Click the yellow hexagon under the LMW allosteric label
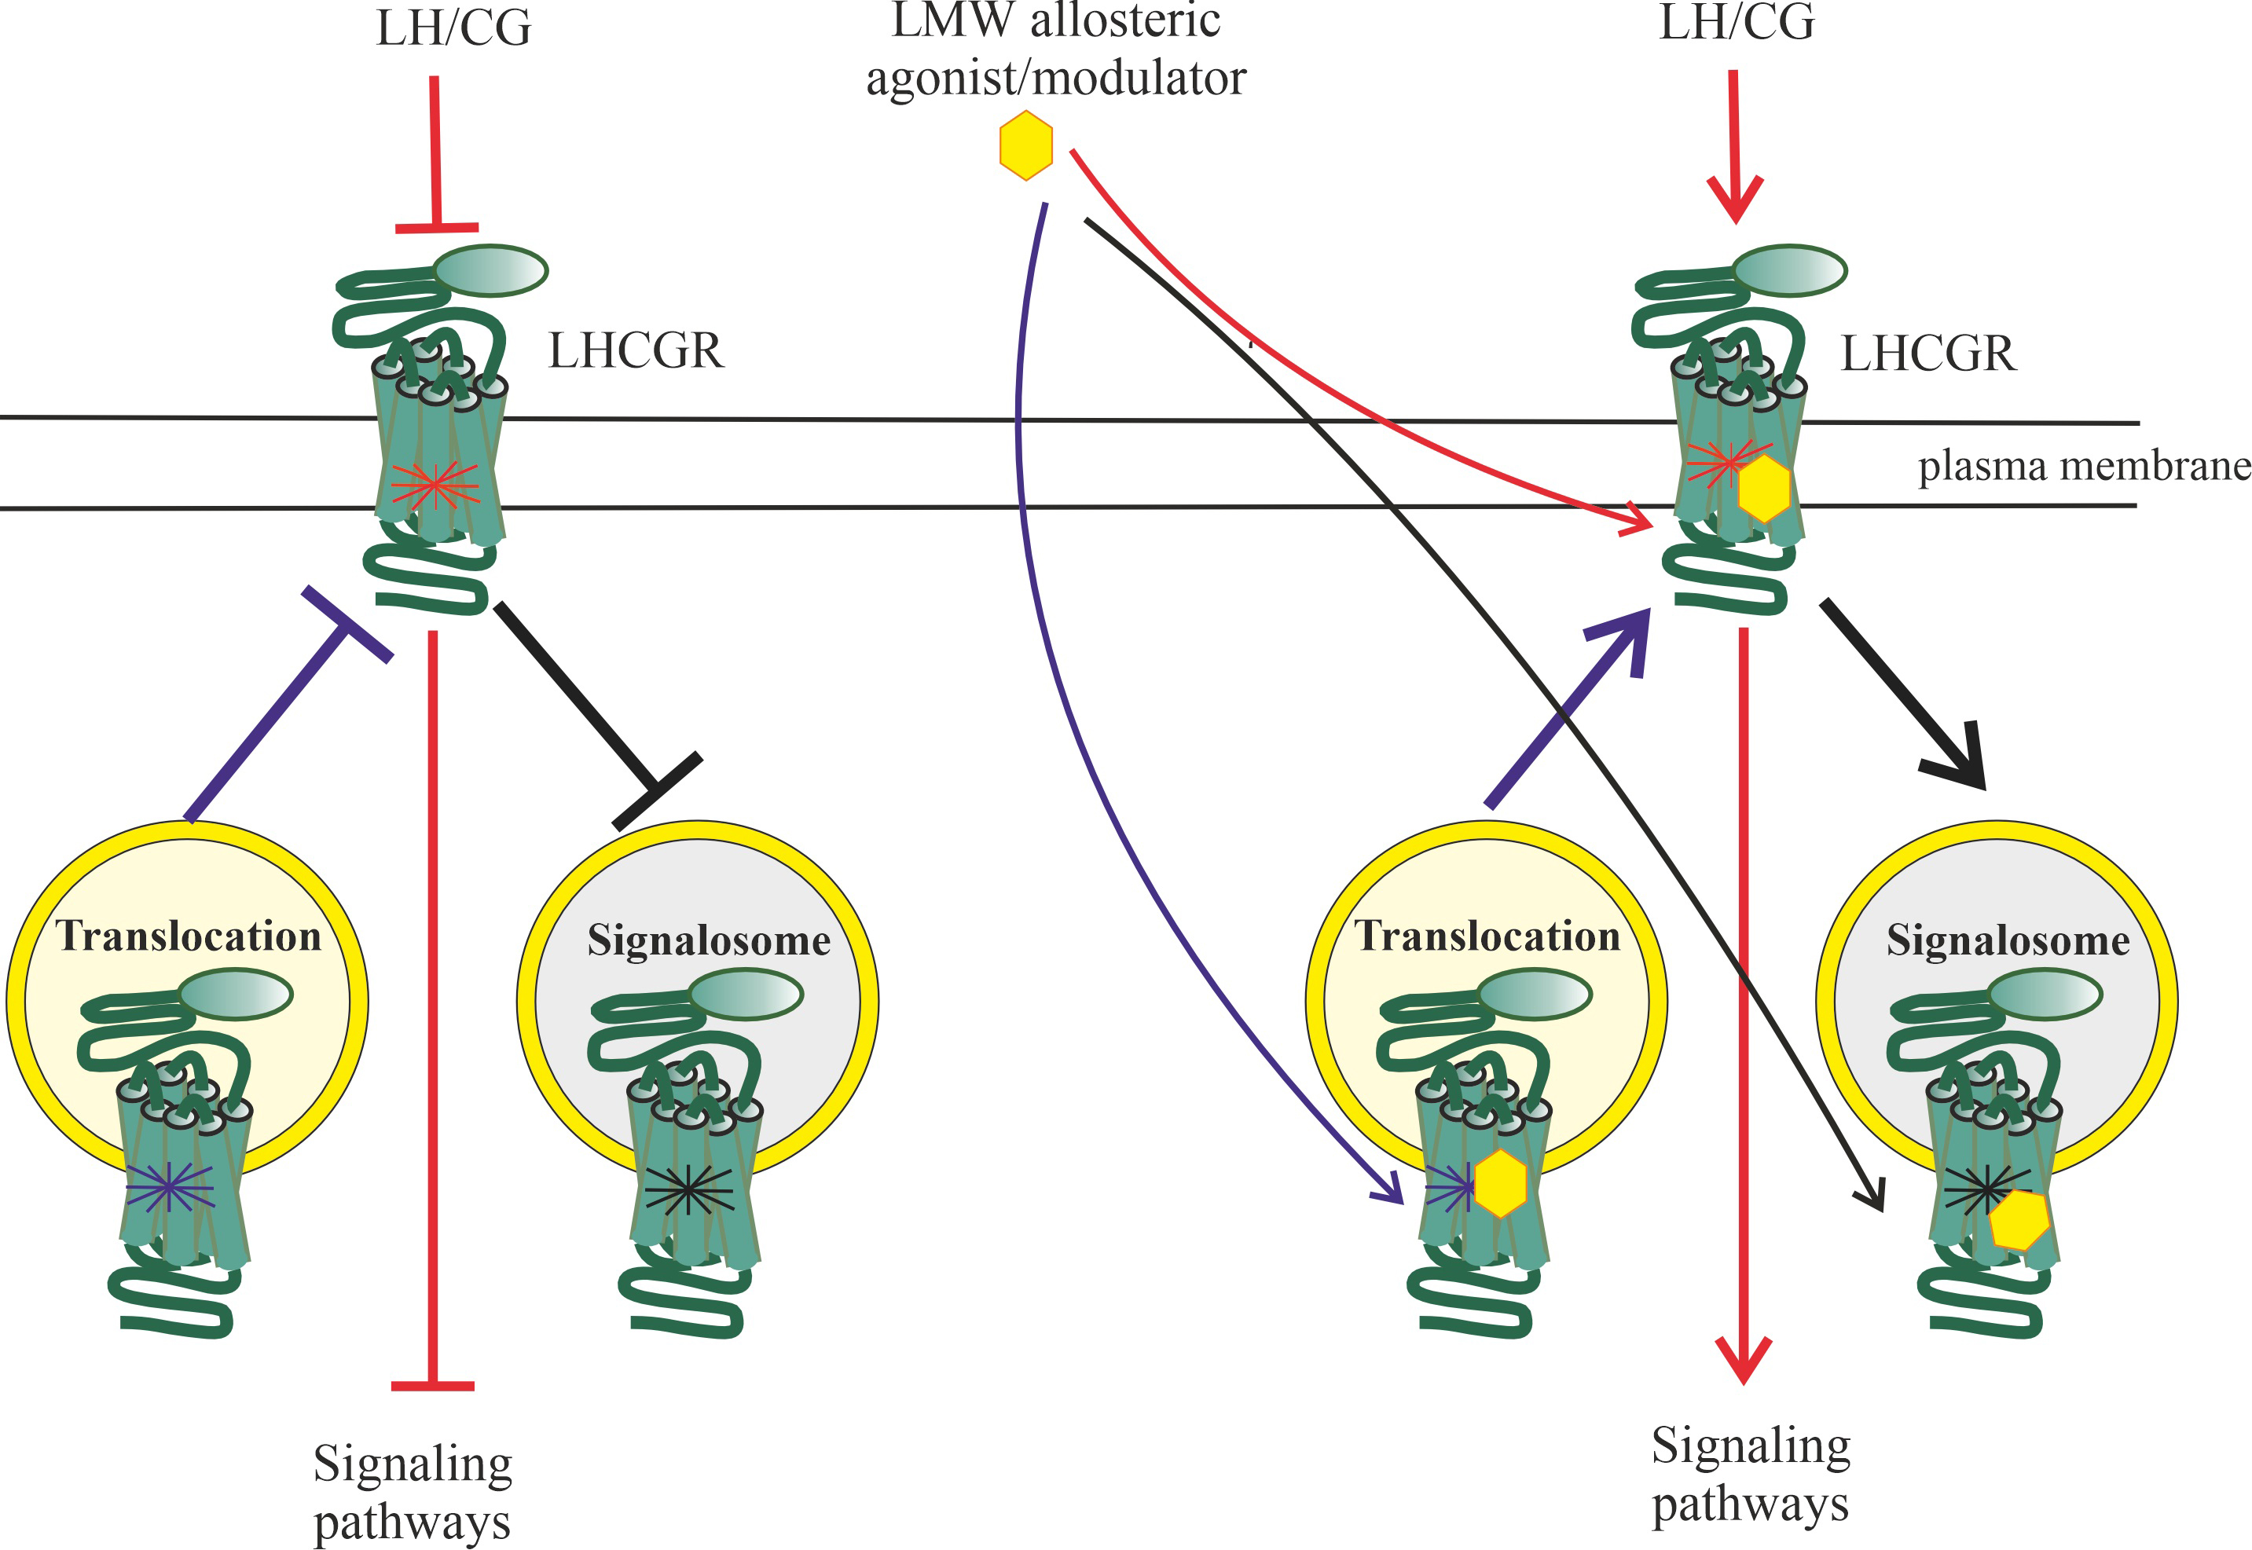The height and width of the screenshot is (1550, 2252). (x=1025, y=145)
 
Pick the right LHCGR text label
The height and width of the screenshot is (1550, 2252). (x=1927, y=354)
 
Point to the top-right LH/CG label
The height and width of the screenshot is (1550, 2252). (x=1737, y=22)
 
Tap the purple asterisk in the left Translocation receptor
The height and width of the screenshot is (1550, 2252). (x=169, y=1187)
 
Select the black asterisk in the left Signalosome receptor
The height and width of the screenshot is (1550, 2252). (x=688, y=1189)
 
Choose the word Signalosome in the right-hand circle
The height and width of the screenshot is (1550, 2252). (x=2008, y=940)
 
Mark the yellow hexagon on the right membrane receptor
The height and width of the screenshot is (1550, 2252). (x=1763, y=489)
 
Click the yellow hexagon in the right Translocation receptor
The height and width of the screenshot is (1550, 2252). (x=1499, y=1183)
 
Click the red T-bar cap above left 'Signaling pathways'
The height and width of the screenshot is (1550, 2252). (x=432, y=1386)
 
